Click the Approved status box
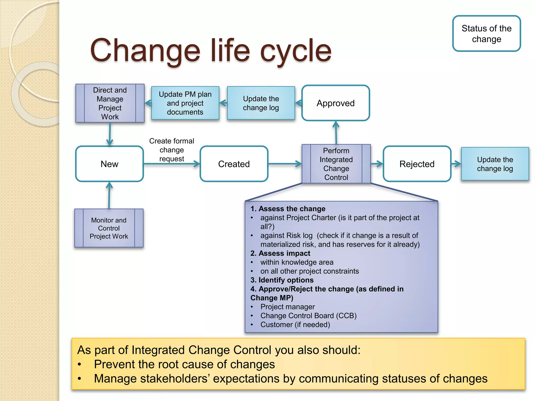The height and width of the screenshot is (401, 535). coord(336,103)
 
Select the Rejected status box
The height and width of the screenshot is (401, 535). coord(417,164)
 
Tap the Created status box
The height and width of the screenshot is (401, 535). coord(234,164)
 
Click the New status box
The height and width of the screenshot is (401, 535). coord(109,164)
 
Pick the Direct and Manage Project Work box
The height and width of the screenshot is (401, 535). coord(110,103)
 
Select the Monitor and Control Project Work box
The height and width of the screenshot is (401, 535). coord(109,228)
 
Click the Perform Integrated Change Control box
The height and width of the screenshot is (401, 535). coord(336,164)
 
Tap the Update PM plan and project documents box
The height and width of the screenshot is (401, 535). coord(185,103)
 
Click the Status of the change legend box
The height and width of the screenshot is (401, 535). coord(486,34)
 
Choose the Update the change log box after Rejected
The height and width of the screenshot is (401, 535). coord(495,164)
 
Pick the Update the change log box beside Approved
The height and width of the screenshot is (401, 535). coord(261,103)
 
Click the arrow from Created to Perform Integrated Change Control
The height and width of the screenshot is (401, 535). coord(285,164)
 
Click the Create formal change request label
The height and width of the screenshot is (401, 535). coord(172,150)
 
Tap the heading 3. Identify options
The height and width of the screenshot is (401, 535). coord(282,280)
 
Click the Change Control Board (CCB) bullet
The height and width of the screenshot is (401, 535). coord(308,316)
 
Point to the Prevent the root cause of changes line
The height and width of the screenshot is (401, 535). coord(184,364)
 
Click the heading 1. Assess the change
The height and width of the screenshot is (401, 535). coord(288,209)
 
